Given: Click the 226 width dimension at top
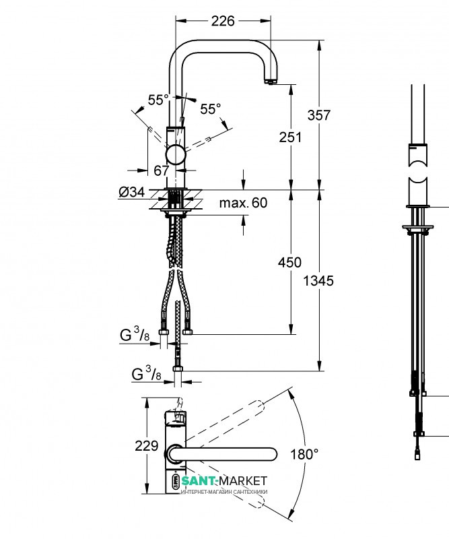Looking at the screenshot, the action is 223,21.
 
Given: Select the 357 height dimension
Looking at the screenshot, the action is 319,115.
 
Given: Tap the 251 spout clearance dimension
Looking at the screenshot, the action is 290,137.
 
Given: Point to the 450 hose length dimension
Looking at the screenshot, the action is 289,262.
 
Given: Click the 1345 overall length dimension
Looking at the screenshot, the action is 318,281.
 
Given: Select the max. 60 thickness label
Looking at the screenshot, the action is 243,203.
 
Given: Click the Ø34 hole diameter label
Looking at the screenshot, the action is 132,192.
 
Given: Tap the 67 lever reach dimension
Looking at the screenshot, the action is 161,170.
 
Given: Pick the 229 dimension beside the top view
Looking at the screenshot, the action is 147,446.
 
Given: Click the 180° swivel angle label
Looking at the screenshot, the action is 304,454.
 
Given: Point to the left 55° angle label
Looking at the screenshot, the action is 158,100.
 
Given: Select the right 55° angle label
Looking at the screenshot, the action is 211,109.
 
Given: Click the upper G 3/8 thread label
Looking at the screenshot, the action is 135,334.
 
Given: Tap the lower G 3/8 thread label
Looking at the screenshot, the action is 147,373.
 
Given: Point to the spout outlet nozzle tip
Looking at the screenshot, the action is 271,82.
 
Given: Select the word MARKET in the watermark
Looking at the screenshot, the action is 243,480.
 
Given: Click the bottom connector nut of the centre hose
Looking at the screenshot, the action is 178,369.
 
